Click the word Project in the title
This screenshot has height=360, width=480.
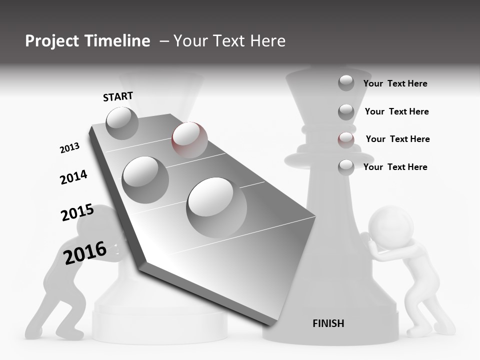tap(52, 41)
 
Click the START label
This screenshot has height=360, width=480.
tap(118, 96)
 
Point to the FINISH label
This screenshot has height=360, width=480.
tap(328, 323)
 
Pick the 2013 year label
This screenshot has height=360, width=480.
tap(69, 148)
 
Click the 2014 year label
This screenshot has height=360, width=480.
tap(73, 177)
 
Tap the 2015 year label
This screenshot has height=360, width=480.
tap(77, 212)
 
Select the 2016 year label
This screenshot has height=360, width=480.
tap(85, 252)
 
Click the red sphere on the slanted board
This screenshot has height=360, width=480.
tap(189, 139)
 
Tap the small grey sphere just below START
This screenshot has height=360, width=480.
tap(122, 123)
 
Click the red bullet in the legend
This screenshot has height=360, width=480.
tap(346, 139)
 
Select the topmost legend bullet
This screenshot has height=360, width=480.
tap(346, 83)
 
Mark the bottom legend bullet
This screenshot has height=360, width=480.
tap(346, 167)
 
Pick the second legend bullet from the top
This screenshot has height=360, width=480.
tap(346, 111)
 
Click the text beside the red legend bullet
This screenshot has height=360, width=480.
tap(397, 139)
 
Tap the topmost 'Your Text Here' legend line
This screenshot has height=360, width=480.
tap(395, 83)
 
